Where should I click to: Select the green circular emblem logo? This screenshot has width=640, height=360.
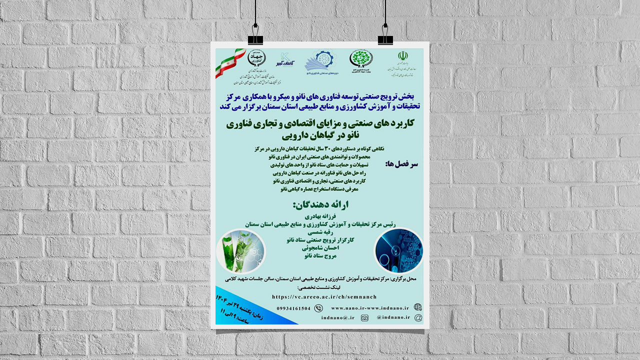[x=360, y=58]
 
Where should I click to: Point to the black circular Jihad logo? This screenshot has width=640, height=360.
[x=257, y=59]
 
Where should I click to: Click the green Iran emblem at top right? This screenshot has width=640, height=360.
[x=402, y=56]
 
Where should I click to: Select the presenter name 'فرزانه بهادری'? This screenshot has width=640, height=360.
[x=318, y=216]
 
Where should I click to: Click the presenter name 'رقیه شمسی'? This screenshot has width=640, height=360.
[x=318, y=232]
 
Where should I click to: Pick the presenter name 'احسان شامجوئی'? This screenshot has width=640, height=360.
[x=318, y=247]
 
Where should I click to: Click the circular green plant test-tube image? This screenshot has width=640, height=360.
[x=240, y=250]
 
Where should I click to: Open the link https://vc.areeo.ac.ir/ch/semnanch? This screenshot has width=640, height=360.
[x=324, y=297]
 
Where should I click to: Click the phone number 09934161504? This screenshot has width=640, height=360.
[x=293, y=308]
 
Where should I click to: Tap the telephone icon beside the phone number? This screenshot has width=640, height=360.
[x=318, y=308]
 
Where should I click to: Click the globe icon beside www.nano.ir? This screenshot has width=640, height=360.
[x=417, y=307]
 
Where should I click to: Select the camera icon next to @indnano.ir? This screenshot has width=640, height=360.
[x=364, y=317]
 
